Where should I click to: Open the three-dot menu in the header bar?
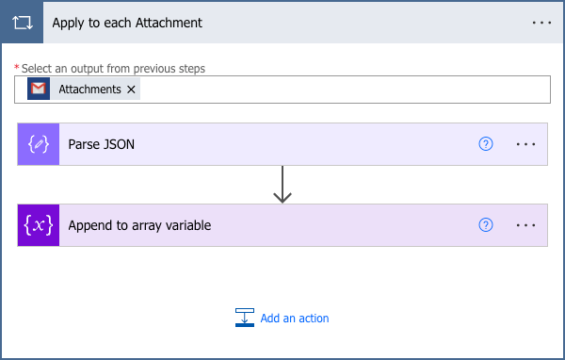[541, 22]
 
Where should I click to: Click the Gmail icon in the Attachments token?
[39, 90]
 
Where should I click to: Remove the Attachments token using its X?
[132, 90]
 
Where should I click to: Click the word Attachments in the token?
[89, 90]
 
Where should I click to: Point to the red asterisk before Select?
[17, 69]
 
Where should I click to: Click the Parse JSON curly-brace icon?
[39, 144]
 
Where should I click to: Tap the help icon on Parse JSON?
[486, 144]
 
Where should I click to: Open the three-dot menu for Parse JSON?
[525, 144]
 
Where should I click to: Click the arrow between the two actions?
[282, 185]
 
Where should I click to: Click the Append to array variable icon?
[39, 225]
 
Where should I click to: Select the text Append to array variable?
[139, 225]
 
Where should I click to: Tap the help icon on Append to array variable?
[486, 225]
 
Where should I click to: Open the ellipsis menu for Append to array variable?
[525, 225]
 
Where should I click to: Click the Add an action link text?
[295, 319]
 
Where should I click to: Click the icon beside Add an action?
[245, 318]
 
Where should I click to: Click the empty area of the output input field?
[339, 90]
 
